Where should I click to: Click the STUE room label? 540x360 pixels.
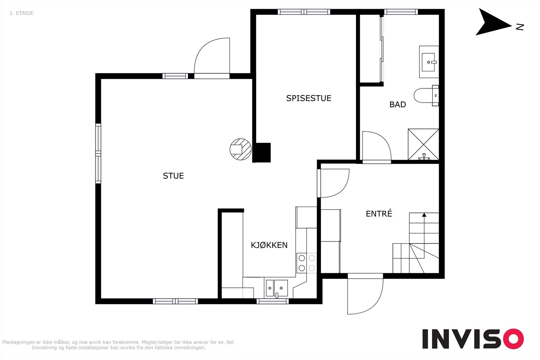click(x=173, y=176)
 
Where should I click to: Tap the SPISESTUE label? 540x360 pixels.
click(x=308, y=98)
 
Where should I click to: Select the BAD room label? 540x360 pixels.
click(x=398, y=105)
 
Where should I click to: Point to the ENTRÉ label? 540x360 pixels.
click(x=379, y=214)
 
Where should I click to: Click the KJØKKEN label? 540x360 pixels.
click(x=269, y=245)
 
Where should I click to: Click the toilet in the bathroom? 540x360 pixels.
click(x=426, y=95)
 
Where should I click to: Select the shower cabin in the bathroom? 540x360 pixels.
click(x=423, y=144)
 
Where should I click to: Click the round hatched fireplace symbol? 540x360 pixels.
click(x=241, y=149)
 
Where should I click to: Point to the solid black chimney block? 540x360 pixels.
click(x=262, y=153)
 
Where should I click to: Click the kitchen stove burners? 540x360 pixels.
click(x=307, y=263)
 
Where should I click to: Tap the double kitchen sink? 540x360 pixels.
click(x=277, y=288)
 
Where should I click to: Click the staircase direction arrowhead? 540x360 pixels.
click(x=424, y=215)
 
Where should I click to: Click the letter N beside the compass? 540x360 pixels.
click(x=519, y=27)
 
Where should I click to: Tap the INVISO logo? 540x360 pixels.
click(x=473, y=339)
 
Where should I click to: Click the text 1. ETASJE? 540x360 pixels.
click(x=22, y=13)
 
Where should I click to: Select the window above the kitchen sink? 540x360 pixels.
click(x=272, y=301)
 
